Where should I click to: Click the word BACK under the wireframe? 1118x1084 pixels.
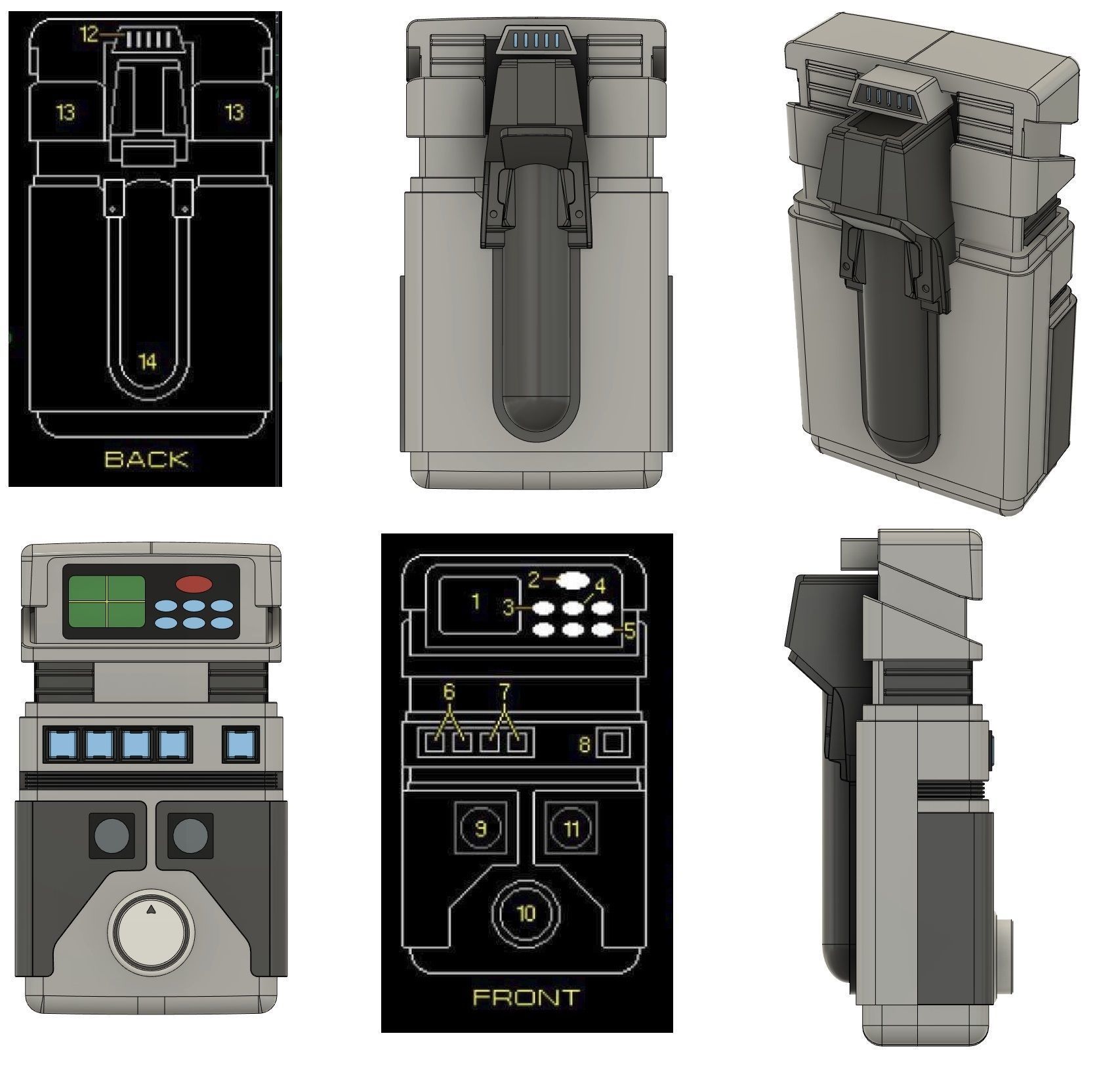(x=146, y=459)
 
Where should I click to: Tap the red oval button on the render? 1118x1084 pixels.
(x=194, y=584)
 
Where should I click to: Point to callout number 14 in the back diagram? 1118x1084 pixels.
(x=148, y=361)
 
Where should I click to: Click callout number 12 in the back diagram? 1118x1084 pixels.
(x=89, y=34)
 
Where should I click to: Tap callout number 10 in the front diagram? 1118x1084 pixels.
(x=526, y=914)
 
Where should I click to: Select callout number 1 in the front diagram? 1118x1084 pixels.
(x=476, y=601)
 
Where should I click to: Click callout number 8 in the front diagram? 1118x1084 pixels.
(x=583, y=743)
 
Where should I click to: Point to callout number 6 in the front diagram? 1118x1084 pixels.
(x=449, y=692)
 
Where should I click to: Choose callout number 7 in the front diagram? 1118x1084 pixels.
(x=504, y=692)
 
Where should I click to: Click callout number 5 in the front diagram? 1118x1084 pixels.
(x=630, y=631)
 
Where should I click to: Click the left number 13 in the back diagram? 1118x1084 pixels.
(x=65, y=114)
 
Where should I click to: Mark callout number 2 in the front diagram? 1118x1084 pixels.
(x=533, y=579)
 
